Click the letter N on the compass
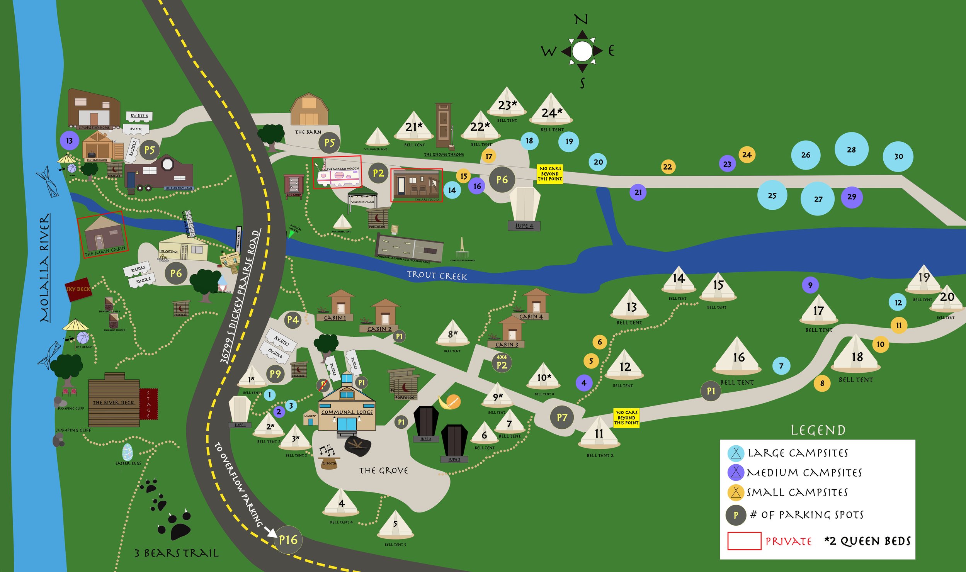(581, 19)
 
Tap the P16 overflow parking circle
(288, 540)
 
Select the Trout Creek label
(437, 275)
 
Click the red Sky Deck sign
(78, 289)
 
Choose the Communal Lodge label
(347, 412)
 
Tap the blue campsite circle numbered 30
(898, 156)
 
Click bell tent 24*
(551, 110)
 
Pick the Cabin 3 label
(507, 345)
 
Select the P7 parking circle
(562, 417)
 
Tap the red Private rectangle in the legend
(744, 541)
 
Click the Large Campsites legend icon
(736, 453)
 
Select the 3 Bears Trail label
(176, 553)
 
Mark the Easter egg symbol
(127, 452)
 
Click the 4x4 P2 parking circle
(502, 363)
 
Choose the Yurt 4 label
(524, 226)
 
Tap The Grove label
(383, 470)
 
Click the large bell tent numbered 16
(738, 357)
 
